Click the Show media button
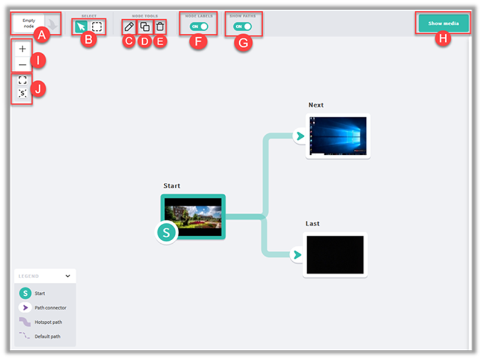click(x=443, y=23)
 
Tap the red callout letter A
click(x=41, y=35)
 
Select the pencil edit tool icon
click(x=128, y=26)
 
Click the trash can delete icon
click(x=160, y=26)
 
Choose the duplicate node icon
click(x=145, y=26)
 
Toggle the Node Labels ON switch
click(x=198, y=26)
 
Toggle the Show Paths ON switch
click(x=243, y=26)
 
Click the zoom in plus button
click(x=22, y=49)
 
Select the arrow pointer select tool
click(x=81, y=26)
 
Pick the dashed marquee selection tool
click(x=96, y=26)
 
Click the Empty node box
click(x=29, y=23)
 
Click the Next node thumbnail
click(x=337, y=136)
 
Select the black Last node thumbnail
click(x=335, y=255)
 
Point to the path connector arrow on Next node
click(x=298, y=136)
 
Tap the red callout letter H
click(x=443, y=39)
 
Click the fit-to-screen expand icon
click(x=22, y=80)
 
